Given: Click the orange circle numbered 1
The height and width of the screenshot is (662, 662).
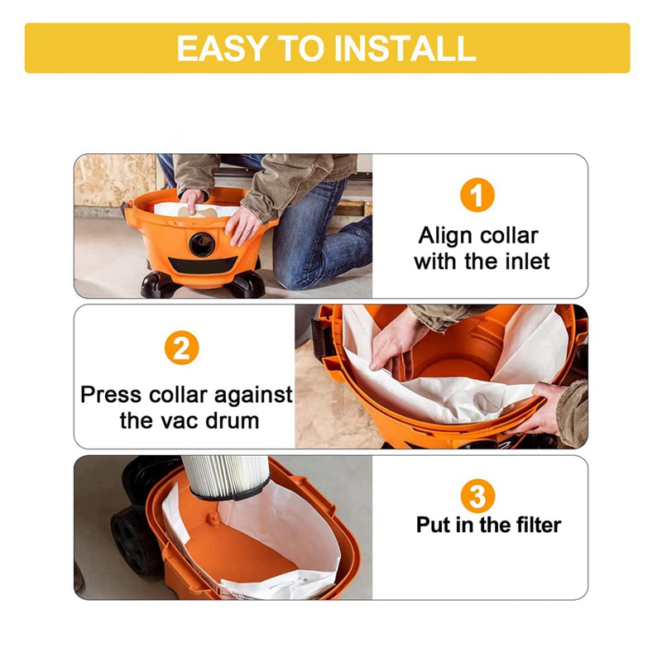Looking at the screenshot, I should tap(477, 196).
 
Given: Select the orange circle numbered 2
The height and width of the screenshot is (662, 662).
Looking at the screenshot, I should tap(184, 347).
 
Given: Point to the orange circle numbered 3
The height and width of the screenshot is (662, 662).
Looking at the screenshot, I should tap(477, 496).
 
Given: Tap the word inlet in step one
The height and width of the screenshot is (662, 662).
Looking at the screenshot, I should tap(525, 262).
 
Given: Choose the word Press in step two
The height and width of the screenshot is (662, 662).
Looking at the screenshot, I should tap(110, 394).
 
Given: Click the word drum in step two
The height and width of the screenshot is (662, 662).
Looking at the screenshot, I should tap(234, 420).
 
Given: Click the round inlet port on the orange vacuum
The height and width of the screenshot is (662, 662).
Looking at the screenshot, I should tap(200, 244).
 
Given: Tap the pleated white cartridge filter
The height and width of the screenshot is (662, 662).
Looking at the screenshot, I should tap(223, 475).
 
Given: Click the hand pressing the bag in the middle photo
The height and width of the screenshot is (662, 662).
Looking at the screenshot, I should tap(397, 339).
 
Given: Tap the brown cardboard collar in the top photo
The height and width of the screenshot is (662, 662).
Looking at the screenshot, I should tap(207, 212).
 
